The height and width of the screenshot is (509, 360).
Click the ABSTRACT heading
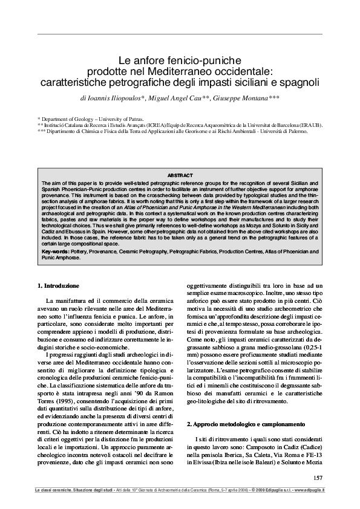point(180,175)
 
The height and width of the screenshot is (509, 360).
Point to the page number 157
point(318,478)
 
